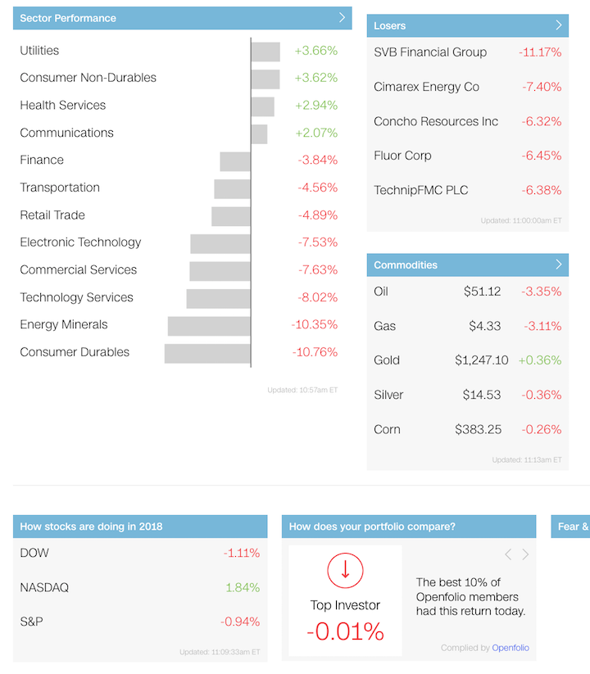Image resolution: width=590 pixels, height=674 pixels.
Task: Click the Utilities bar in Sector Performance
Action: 265,52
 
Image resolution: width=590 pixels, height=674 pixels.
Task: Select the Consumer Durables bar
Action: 207,353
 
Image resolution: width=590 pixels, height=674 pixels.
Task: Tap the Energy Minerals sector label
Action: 64,324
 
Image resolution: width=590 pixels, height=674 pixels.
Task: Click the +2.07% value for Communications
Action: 315,133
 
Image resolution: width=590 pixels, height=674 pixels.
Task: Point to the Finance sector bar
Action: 235,161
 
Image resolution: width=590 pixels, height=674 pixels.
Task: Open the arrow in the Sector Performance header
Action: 342,17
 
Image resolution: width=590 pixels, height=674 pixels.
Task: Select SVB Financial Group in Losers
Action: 430,52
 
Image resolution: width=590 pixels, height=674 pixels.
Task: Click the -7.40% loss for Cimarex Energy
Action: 540,87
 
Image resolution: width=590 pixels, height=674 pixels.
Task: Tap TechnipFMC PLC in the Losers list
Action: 421,190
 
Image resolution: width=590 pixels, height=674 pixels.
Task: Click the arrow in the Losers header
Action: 559,25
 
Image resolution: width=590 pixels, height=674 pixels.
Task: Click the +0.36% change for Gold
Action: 540,360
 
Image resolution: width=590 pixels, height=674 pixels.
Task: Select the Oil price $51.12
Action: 482,292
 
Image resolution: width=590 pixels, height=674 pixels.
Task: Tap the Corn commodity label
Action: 387,429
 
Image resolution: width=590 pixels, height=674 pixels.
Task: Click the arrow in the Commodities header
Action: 559,265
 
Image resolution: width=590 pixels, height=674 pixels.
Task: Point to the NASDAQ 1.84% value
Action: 243,587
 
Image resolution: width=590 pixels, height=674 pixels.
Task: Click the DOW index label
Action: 34,553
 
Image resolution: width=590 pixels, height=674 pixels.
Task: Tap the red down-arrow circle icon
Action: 345,570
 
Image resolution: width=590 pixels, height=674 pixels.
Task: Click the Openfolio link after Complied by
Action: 511,648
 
